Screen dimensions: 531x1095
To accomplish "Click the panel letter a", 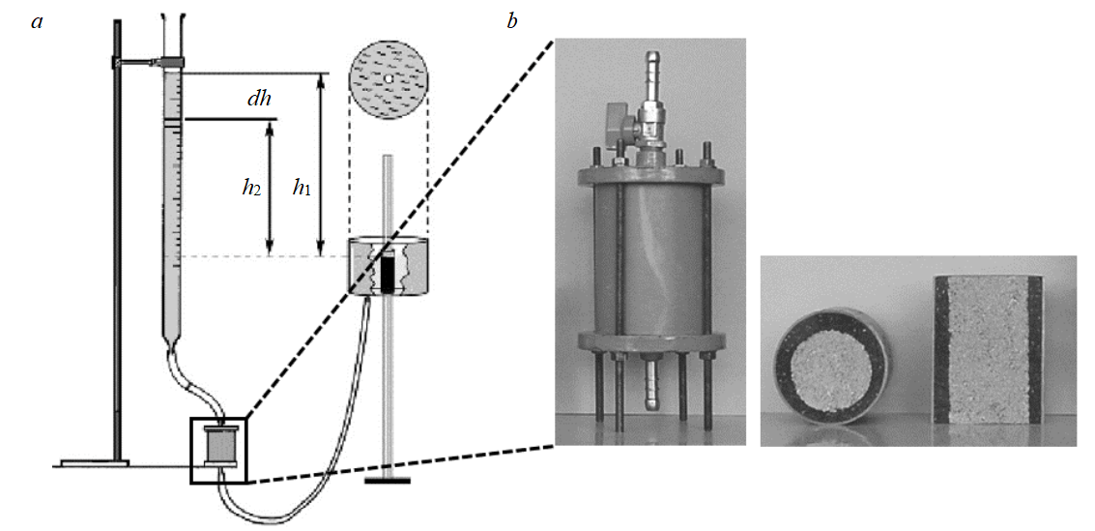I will pyautogui.click(x=38, y=22).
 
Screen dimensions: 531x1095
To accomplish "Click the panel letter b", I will pyautogui.click(x=512, y=22).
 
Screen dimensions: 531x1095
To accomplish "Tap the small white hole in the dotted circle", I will pyautogui.click(x=387, y=77).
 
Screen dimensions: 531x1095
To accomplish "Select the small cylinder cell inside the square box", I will pyautogui.click(x=221, y=447).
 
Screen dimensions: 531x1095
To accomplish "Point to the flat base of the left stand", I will pyautogui.click(x=94, y=463).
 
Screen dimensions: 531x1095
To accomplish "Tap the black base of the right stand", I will pyautogui.click(x=388, y=481).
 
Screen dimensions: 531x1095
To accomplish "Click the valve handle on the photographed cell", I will pyautogui.click(x=620, y=124).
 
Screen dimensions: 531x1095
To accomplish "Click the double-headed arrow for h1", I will pyautogui.click(x=320, y=164).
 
